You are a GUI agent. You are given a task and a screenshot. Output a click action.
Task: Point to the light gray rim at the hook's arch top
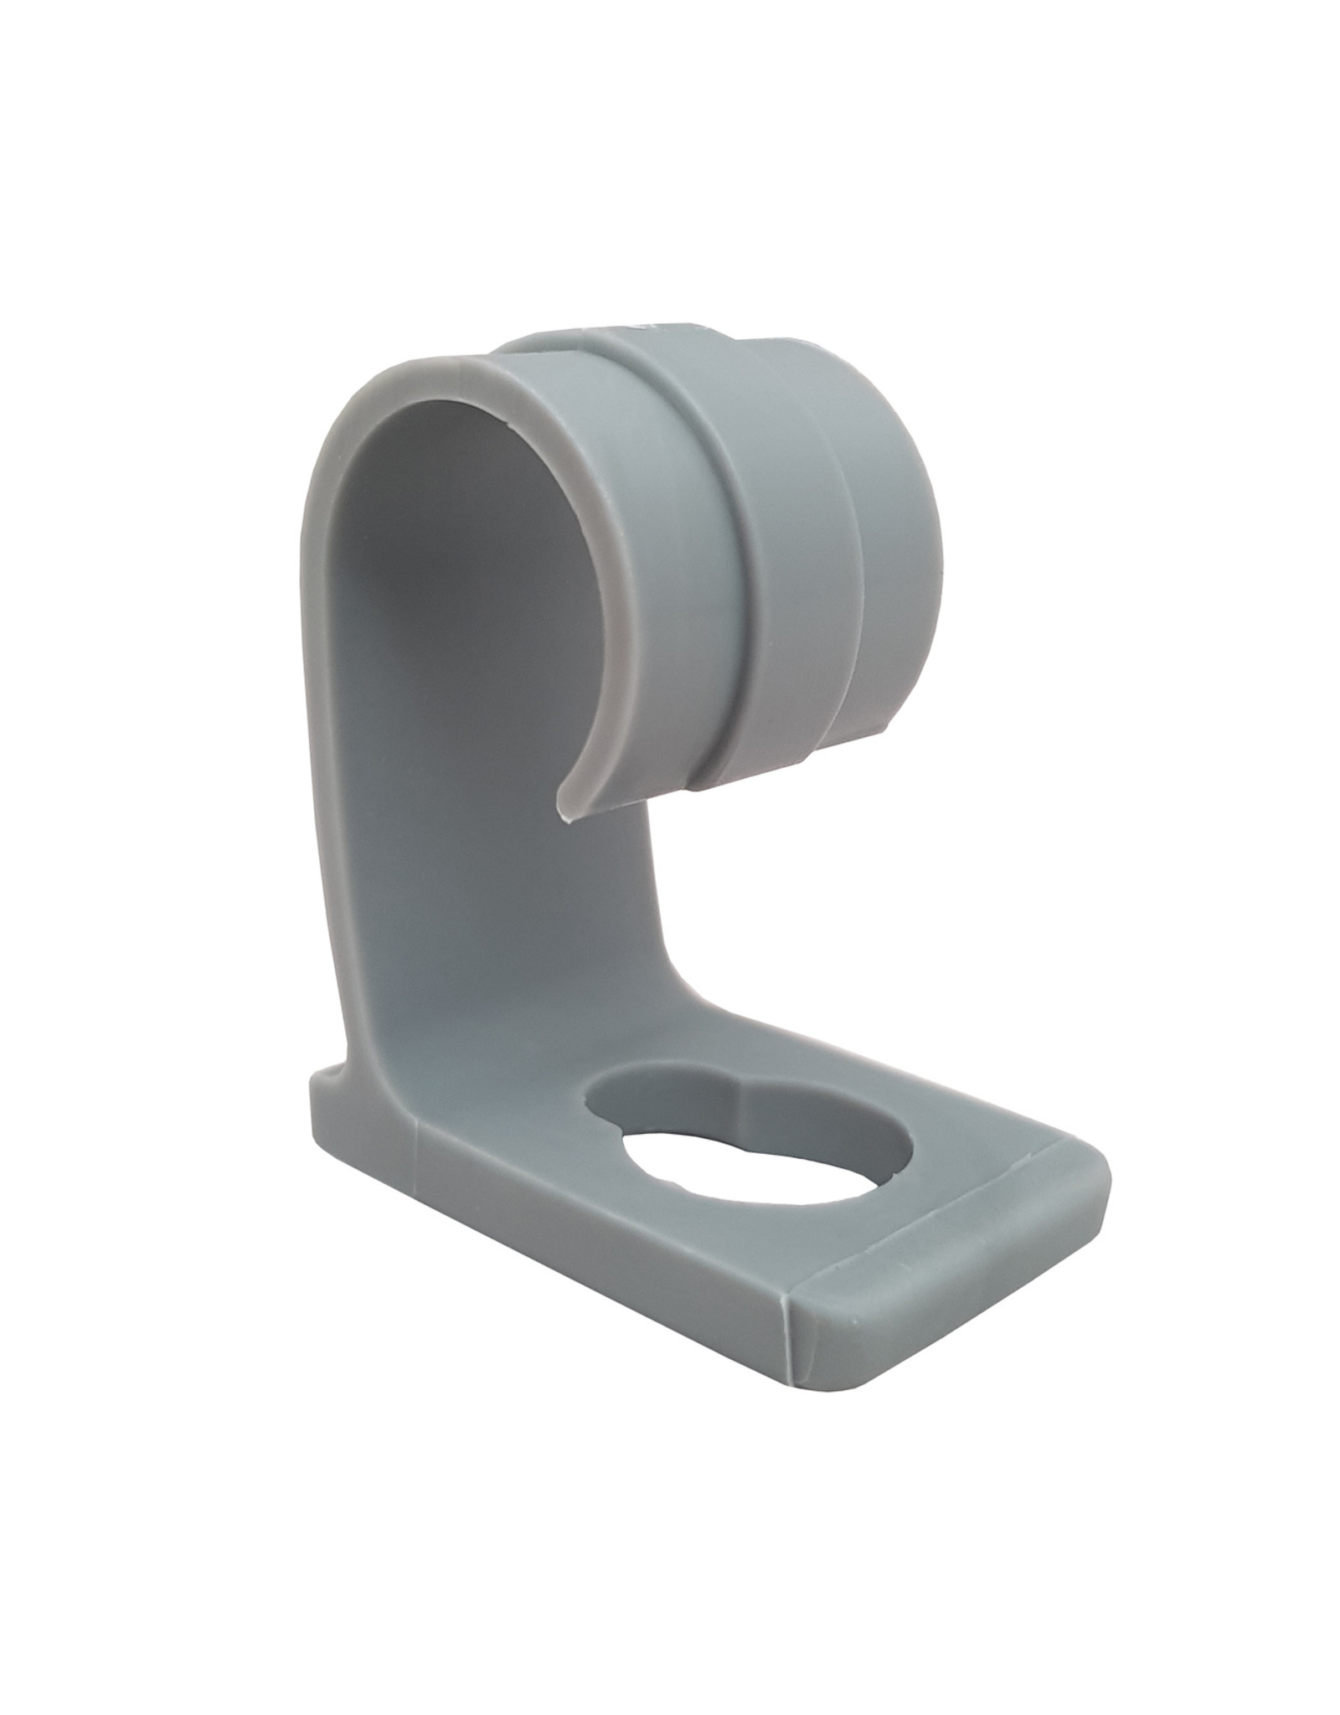[x=435, y=368]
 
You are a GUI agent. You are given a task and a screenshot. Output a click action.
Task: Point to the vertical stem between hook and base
[x=502, y=921]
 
